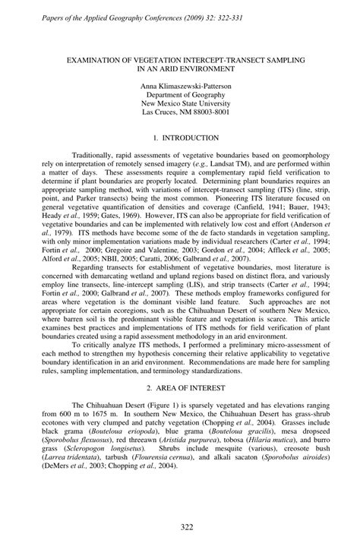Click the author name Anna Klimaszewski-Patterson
point(179,87)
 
